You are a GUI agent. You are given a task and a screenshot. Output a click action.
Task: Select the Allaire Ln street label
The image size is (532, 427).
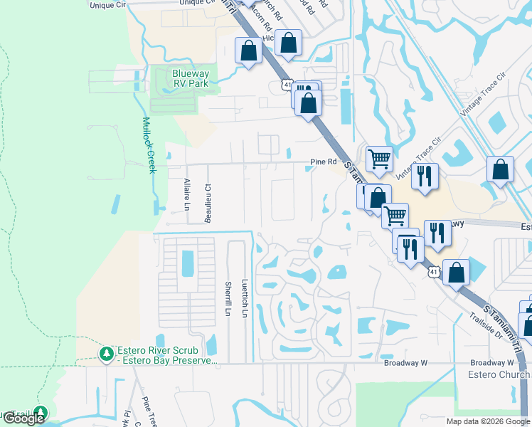[x=188, y=194]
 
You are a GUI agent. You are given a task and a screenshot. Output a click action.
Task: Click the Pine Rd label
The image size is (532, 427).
[x=323, y=162]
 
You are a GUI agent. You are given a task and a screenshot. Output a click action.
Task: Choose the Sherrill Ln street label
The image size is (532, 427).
[x=228, y=299]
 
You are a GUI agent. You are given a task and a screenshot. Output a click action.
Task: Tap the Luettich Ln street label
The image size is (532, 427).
[x=245, y=297]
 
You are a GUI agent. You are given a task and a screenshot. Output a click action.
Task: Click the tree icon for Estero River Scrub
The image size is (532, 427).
[x=106, y=353]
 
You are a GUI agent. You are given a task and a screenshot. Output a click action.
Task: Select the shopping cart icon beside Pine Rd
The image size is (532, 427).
[x=379, y=159]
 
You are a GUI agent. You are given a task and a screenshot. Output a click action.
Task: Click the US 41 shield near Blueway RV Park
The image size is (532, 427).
[x=286, y=85]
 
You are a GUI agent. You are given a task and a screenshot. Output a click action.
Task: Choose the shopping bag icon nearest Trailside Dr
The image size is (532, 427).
[x=456, y=273]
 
